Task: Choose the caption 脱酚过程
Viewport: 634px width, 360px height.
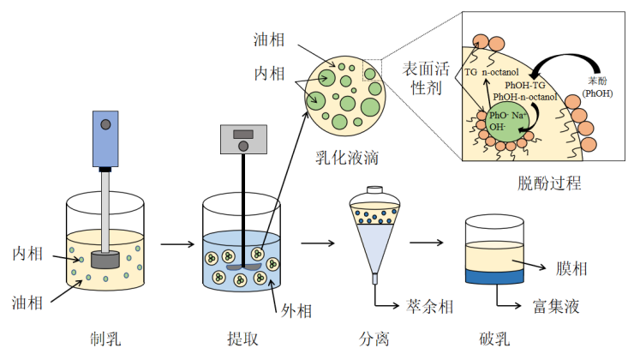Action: pyautogui.click(x=549, y=182)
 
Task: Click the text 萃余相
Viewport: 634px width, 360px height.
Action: pyautogui.click(x=428, y=306)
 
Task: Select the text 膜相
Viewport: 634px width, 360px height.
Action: pyautogui.click(x=570, y=268)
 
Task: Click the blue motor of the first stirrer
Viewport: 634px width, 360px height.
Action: pyautogui.click(x=105, y=137)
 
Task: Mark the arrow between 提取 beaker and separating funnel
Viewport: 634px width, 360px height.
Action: pyautogui.click(x=317, y=245)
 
